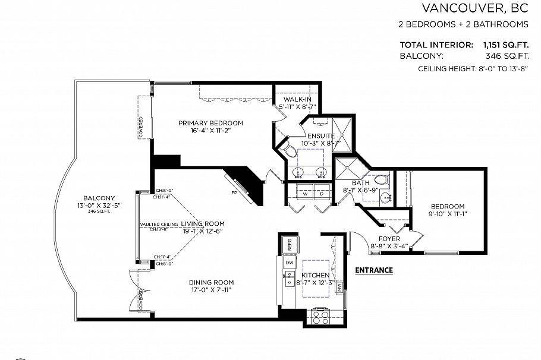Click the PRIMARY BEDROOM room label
click(x=210, y=123)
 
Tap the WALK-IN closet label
click(x=297, y=99)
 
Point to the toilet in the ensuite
click(x=289, y=151)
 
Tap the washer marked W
click(x=304, y=194)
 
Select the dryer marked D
click(x=322, y=194)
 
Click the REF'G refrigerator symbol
click(x=290, y=244)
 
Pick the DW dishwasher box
click(x=290, y=262)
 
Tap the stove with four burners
click(x=320, y=317)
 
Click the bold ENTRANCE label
click(x=373, y=270)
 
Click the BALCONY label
click(x=99, y=198)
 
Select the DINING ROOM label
click(x=211, y=282)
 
